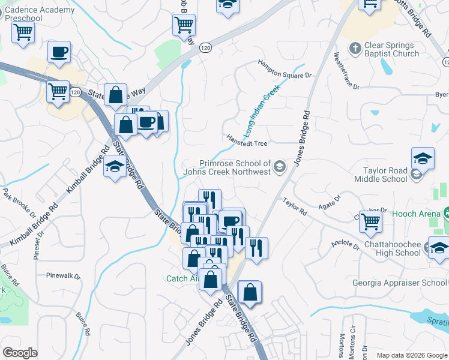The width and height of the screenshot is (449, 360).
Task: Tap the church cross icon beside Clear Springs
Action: point(355,47)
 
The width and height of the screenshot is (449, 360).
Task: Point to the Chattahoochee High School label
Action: point(391,248)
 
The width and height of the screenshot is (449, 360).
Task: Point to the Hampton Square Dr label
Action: point(286,68)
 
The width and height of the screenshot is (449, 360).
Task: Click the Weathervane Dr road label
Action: point(346,71)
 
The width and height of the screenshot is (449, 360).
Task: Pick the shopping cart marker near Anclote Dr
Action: point(371,221)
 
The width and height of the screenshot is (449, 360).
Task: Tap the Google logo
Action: point(20,353)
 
